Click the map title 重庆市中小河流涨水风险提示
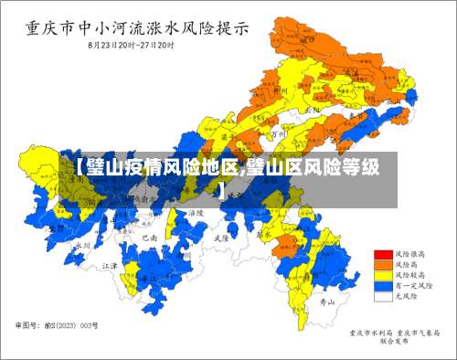coord(136,27)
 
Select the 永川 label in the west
coord(83,245)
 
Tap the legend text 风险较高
coord(408,274)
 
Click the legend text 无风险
coord(405,296)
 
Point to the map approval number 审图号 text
coord(57,324)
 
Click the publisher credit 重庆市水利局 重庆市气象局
coord(394,334)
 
